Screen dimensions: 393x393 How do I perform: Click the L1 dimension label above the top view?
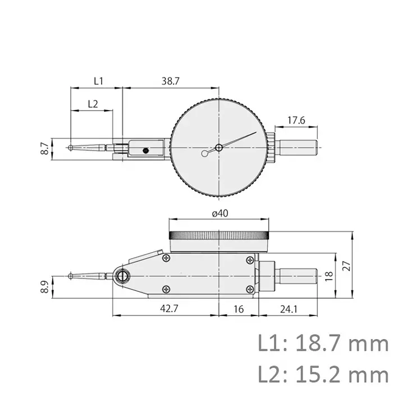pos(98,81)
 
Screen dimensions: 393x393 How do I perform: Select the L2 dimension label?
pos(93,103)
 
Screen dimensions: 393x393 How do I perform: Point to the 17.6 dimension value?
pos(295,120)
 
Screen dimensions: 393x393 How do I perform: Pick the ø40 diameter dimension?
pos(220,214)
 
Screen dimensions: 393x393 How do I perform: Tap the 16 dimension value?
pos(239,309)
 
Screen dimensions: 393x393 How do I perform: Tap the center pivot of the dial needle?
pos(218,147)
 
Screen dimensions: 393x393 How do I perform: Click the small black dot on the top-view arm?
pos(145,150)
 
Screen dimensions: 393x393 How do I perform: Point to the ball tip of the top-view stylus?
pos(70,148)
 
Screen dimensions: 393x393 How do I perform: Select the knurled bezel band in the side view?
pos(220,235)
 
